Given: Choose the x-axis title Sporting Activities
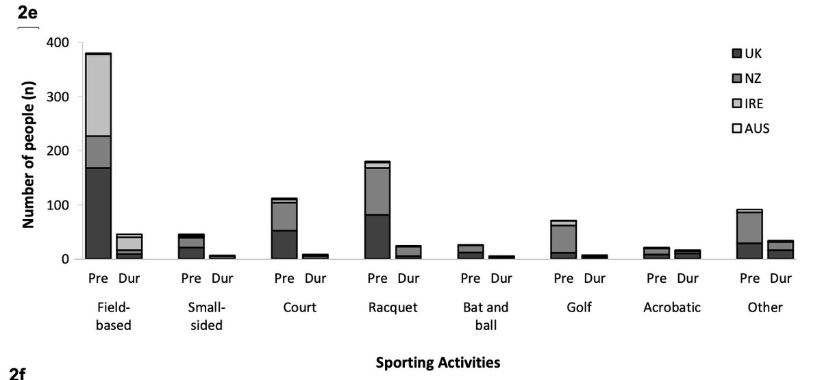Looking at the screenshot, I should point(438,363).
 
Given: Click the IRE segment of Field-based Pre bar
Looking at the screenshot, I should point(98,95).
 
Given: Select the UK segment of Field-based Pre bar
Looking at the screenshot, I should point(98,213).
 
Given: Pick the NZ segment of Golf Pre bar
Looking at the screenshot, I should point(564,239).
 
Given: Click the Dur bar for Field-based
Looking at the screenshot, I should point(129,246).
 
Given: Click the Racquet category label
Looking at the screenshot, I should point(393,307).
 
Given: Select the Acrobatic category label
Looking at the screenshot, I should point(672,307).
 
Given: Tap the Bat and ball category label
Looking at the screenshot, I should point(486,316).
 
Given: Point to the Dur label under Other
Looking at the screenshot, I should point(780,279).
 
